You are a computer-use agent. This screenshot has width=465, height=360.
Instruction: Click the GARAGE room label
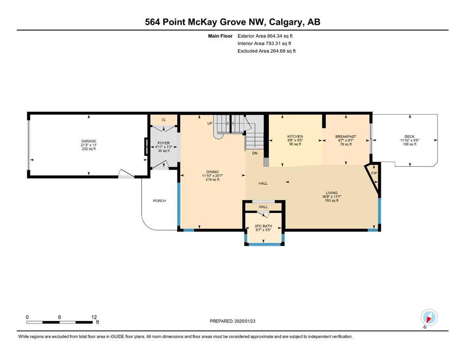click(89, 141)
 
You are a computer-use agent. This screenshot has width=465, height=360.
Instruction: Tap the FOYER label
click(164, 143)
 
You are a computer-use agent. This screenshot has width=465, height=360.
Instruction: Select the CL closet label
click(164, 120)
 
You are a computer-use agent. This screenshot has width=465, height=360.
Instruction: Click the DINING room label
click(212, 172)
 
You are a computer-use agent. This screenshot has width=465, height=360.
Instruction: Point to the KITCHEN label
click(295, 136)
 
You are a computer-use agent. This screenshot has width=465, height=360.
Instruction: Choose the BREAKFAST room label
click(346, 136)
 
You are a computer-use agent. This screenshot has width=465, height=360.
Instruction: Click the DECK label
click(410, 136)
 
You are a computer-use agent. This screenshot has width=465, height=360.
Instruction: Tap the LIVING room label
click(332, 193)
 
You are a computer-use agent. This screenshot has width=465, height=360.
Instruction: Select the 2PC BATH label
click(263, 226)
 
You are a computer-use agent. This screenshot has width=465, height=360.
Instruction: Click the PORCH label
click(159, 201)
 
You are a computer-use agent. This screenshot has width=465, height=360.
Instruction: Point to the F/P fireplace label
click(374, 173)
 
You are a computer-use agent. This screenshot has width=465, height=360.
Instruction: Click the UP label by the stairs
click(210, 123)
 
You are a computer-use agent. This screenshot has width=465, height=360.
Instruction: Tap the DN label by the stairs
click(255, 153)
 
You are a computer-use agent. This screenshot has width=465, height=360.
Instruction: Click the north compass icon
click(429, 317)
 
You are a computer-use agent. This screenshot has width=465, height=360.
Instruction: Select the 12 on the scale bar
click(94, 317)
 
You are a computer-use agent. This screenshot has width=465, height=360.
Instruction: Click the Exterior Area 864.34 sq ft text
click(265, 36)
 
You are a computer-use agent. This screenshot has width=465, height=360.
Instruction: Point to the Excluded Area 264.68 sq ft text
click(266, 51)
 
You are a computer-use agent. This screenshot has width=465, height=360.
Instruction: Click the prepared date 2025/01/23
click(244, 321)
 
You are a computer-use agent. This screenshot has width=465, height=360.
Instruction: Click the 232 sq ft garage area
click(89, 149)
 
